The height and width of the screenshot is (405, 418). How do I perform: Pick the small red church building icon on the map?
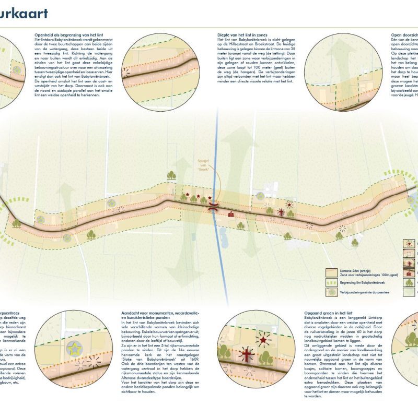[x=230, y=213]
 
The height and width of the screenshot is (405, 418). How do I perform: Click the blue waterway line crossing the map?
[x=216, y=157]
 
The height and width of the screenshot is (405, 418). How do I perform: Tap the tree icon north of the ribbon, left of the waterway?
[x=171, y=176]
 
